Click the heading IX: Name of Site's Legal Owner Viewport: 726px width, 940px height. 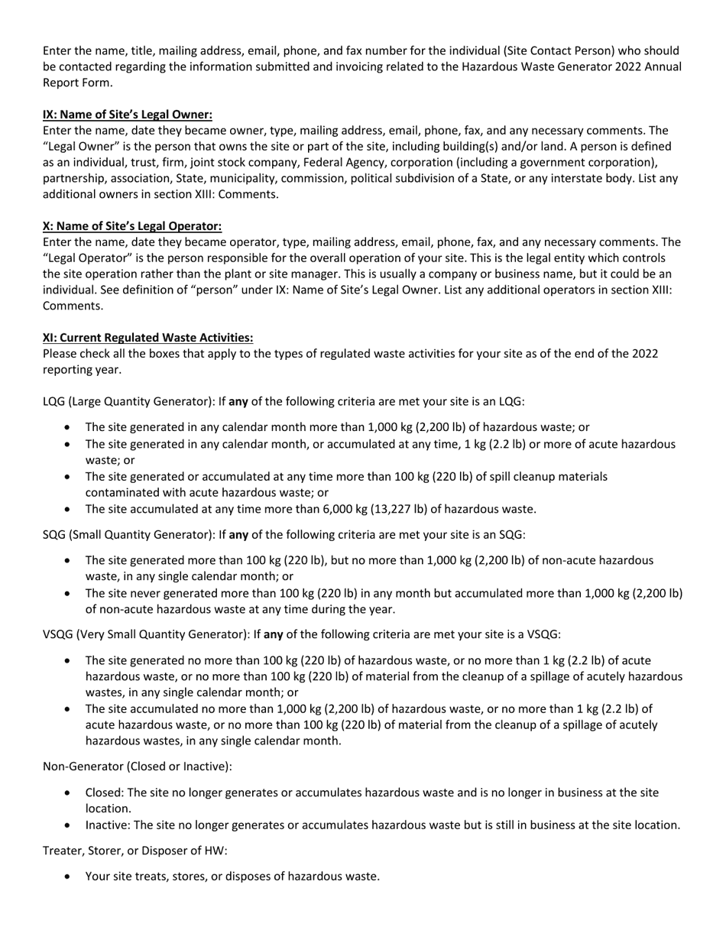click(x=127, y=115)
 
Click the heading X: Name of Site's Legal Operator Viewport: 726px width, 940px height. click(x=132, y=226)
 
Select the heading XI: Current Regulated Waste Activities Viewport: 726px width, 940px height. click(x=147, y=337)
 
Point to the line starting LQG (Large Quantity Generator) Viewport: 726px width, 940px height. click(x=284, y=401)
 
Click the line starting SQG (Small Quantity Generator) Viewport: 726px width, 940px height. click(x=284, y=534)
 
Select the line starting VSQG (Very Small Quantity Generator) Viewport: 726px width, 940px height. click(x=301, y=634)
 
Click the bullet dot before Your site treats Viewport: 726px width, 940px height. click(x=70, y=877)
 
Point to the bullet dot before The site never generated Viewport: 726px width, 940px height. click(x=70, y=594)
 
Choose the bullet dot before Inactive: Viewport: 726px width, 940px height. click(x=70, y=825)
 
